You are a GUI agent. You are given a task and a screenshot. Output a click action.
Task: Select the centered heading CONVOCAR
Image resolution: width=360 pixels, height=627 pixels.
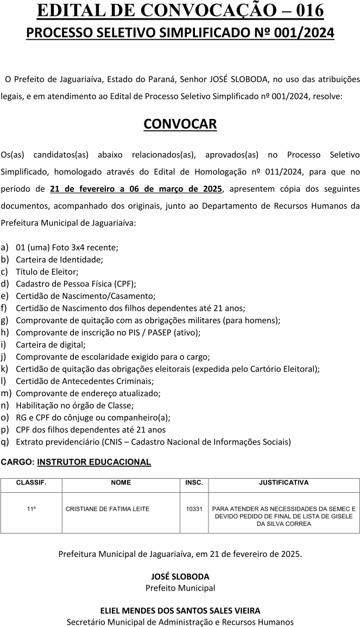tap(180, 124)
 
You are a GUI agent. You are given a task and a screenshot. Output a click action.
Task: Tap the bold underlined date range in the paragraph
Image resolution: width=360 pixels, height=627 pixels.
tap(136, 189)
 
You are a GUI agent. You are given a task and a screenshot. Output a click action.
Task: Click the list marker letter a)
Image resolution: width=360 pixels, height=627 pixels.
tap(4, 247)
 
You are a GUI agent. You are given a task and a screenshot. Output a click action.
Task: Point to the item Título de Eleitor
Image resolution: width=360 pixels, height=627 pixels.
tap(47, 271)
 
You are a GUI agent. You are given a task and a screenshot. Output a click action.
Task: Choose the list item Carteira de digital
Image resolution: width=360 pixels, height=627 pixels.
tap(50, 344)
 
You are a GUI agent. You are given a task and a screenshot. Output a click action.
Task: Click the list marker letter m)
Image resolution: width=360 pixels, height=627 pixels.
tap(6, 393)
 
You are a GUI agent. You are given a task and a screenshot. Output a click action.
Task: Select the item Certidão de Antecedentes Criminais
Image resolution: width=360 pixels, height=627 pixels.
tap(85, 381)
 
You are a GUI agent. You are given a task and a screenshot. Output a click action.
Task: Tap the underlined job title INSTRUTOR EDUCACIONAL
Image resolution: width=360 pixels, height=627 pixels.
tap(94, 462)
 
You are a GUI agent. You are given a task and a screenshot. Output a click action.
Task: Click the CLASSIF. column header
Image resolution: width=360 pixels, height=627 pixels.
tap(31, 482)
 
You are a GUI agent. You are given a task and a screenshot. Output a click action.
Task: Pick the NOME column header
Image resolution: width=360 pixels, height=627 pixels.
tap(121, 482)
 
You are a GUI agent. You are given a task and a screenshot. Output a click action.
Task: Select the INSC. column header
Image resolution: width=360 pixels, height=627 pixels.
tap(194, 482)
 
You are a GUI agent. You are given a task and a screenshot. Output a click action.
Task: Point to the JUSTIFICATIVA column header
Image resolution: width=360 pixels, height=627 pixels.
tap(283, 482)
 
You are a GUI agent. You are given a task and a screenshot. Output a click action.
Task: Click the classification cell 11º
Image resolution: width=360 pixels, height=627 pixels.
tap(31, 509)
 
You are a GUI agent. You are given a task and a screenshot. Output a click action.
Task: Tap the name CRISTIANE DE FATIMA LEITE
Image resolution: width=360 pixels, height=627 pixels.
tap(108, 509)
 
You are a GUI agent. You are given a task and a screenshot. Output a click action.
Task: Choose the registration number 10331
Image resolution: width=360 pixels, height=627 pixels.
tap(194, 509)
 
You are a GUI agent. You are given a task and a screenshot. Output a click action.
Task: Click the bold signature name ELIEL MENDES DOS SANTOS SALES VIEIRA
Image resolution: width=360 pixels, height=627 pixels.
tap(180, 611)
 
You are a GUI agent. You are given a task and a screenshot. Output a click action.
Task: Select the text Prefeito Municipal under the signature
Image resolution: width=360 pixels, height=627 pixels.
tap(180, 588)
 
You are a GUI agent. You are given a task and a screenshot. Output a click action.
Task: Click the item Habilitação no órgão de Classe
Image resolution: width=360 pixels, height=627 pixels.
tap(74, 405)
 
